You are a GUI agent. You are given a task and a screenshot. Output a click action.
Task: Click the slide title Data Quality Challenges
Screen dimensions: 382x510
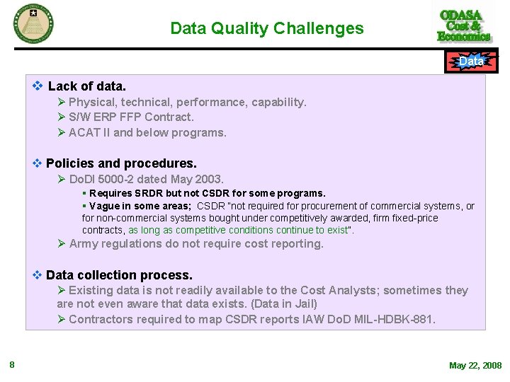[266, 29]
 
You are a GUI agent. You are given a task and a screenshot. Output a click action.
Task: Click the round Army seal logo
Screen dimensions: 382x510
[33, 23]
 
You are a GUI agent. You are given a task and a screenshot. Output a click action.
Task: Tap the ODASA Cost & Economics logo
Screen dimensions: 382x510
[464, 26]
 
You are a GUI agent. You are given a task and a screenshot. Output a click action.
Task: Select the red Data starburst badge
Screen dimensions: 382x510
[471, 62]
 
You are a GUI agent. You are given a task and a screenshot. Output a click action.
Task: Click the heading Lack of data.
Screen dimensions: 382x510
[86, 86]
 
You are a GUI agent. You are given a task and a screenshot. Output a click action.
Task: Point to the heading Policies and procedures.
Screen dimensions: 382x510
[121, 163]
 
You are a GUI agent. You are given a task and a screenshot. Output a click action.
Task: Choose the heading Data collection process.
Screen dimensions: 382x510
[119, 275]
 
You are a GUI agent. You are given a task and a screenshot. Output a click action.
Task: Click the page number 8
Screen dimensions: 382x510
[12, 365]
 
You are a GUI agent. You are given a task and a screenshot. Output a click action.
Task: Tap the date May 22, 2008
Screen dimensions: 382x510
[475, 366]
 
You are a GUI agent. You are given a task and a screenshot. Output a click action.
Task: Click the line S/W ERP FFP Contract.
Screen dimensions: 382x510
[130, 117]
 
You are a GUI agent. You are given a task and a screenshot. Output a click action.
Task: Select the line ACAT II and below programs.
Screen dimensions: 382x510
[147, 132]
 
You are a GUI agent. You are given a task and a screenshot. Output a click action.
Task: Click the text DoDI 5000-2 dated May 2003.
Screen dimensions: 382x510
[146, 179]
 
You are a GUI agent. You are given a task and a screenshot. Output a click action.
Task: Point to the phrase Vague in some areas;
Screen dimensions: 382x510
[140, 206]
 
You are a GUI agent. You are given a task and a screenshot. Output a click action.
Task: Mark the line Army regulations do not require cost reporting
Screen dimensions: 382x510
[195, 244]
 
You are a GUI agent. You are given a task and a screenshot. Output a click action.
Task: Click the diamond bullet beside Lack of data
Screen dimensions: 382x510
[38, 86]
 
